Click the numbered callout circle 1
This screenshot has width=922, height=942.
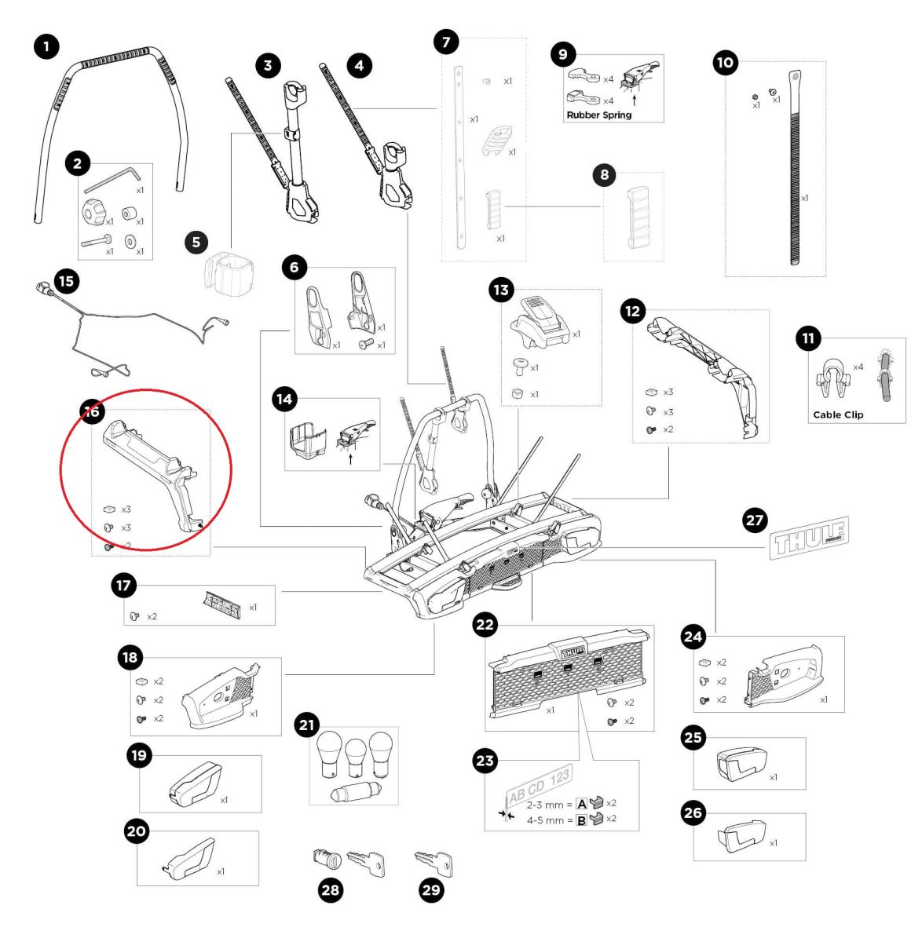pos(46,47)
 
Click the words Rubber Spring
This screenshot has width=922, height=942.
pos(598,115)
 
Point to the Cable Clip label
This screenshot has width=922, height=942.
pos(837,414)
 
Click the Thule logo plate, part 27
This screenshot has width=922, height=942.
pos(810,539)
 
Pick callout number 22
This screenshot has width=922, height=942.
pos(486,625)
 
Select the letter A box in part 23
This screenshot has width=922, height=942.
pos(582,803)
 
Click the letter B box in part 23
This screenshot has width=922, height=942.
pos(582,820)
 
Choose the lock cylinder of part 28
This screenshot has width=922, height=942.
pos(324,858)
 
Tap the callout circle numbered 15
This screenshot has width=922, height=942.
pos(67,280)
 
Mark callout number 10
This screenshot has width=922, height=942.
pos(726,63)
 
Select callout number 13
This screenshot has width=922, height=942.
pos(501,290)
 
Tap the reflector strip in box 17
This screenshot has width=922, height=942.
pos(223,605)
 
